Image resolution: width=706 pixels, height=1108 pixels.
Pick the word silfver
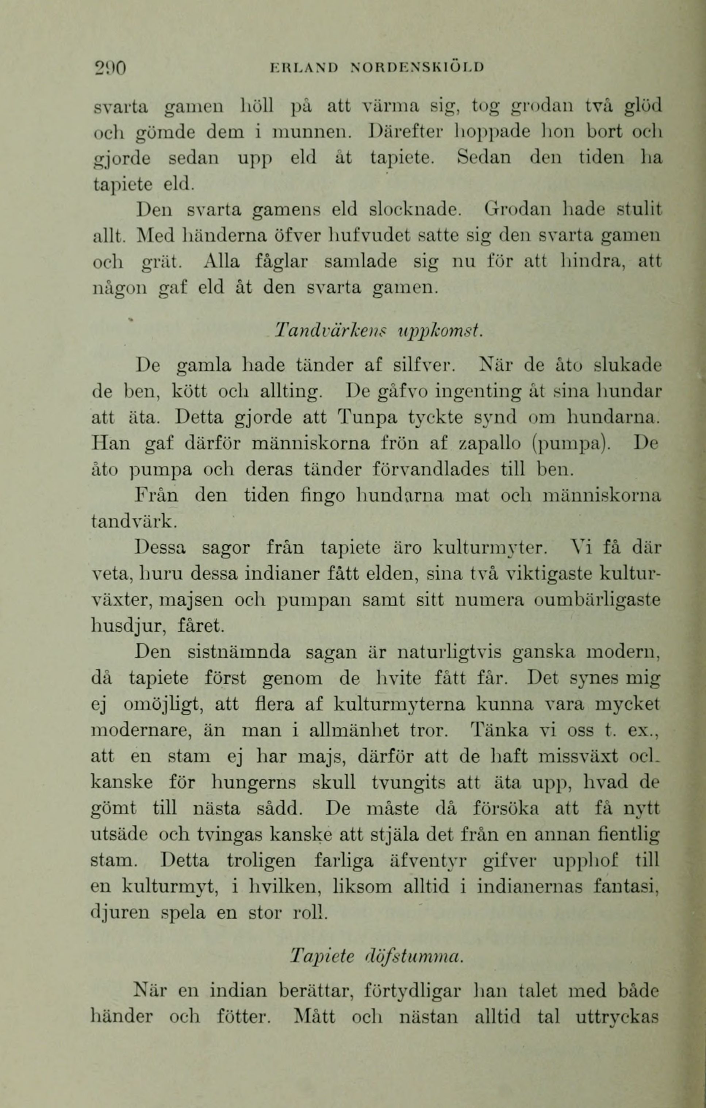pos(424,365)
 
